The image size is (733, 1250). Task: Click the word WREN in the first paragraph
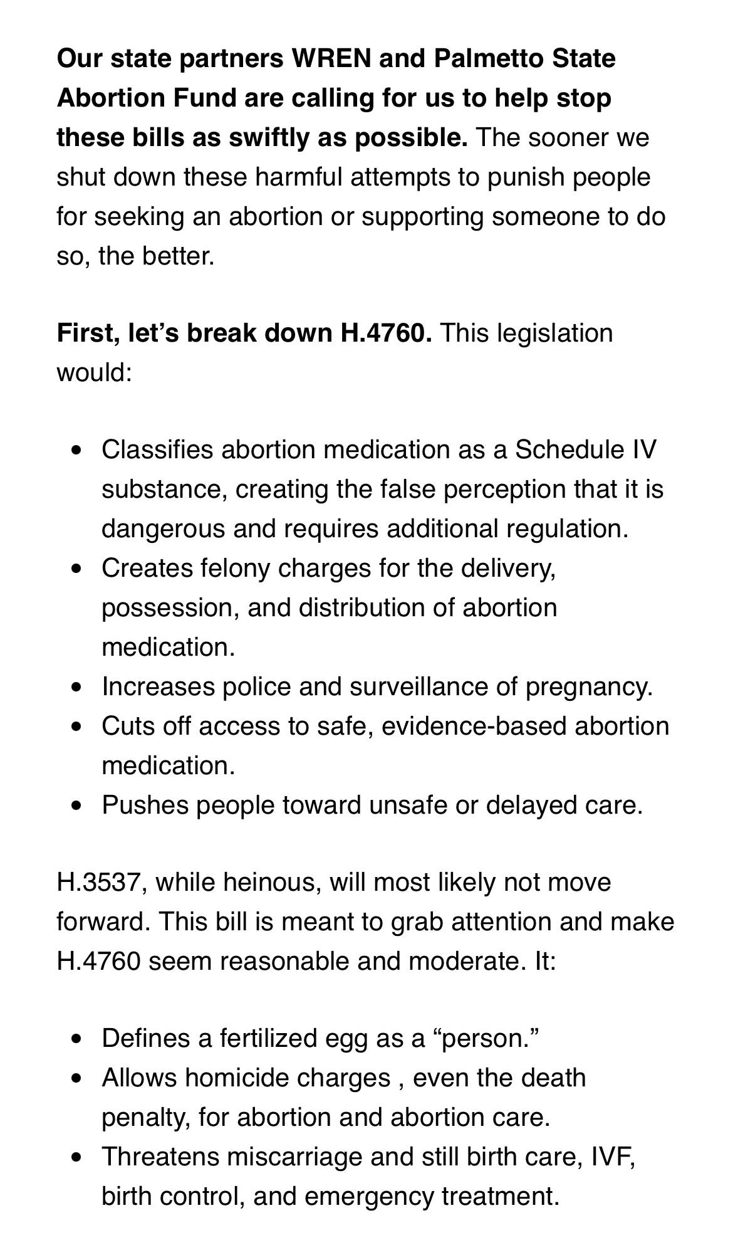point(330,59)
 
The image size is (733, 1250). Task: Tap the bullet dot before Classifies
point(76,449)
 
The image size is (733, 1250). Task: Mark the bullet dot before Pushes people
point(76,805)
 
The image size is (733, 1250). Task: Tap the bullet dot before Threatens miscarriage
point(76,1157)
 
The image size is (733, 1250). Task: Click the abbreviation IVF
point(613,1157)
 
